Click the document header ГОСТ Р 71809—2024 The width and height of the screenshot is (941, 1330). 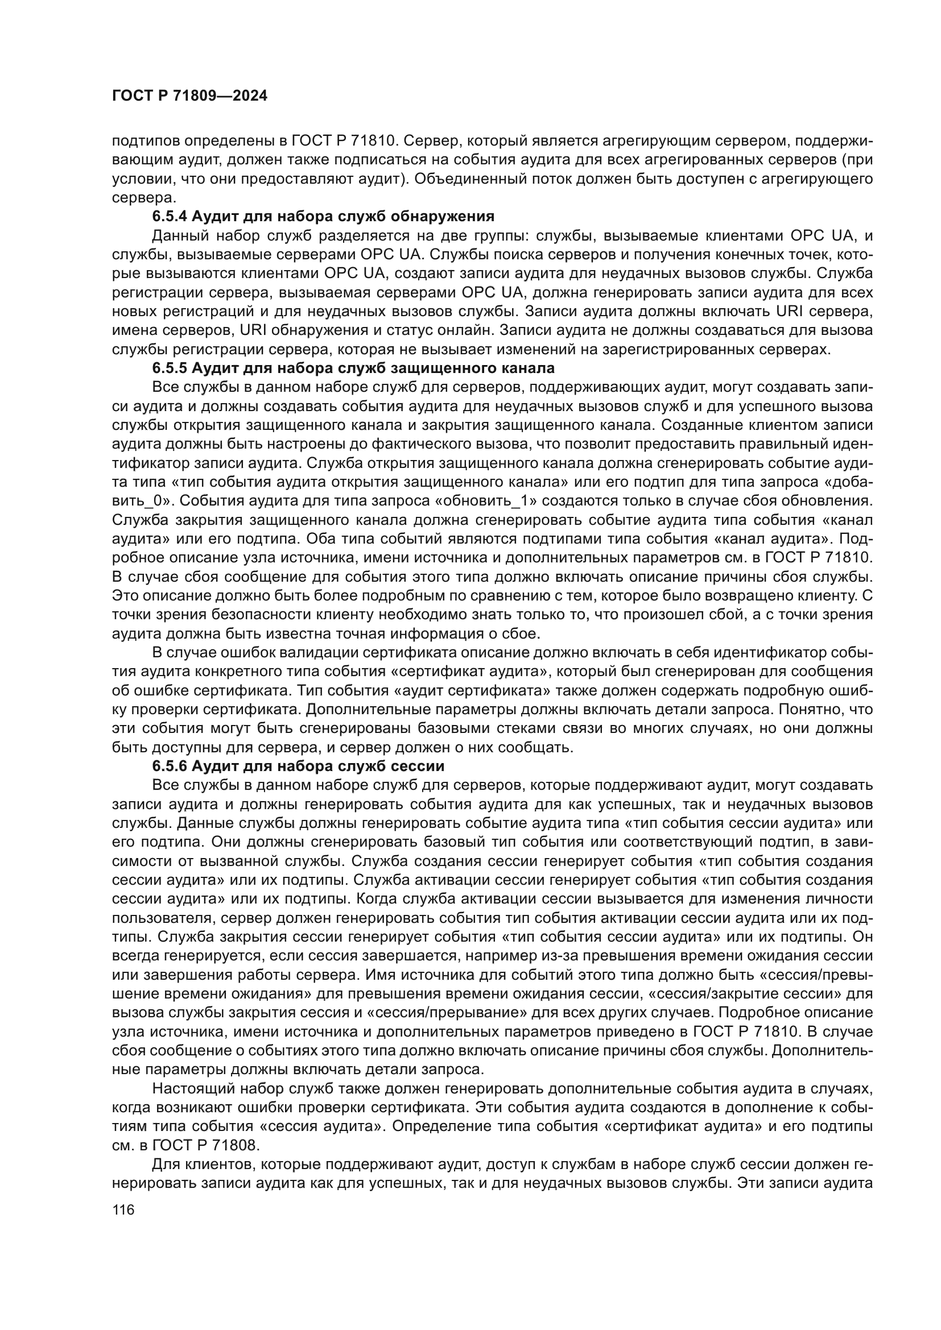tap(189, 96)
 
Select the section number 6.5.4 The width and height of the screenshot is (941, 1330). tap(169, 217)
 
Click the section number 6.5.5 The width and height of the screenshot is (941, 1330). tap(169, 368)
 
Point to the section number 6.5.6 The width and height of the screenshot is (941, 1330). tap(169, 766)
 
